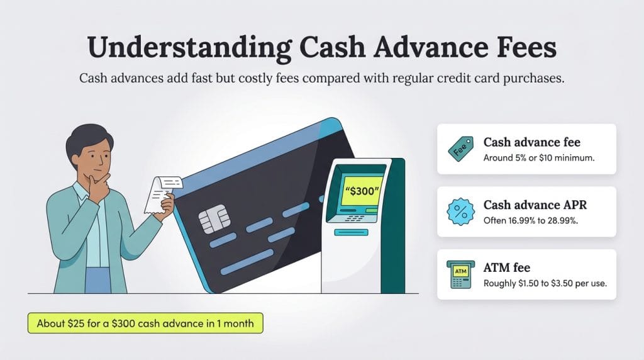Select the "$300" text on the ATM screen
361,192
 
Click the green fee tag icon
460,149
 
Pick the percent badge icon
460,211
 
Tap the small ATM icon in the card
460,274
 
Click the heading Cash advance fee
531,142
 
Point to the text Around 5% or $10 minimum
538,157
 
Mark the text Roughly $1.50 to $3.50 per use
545,283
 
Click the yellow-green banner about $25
145,323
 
